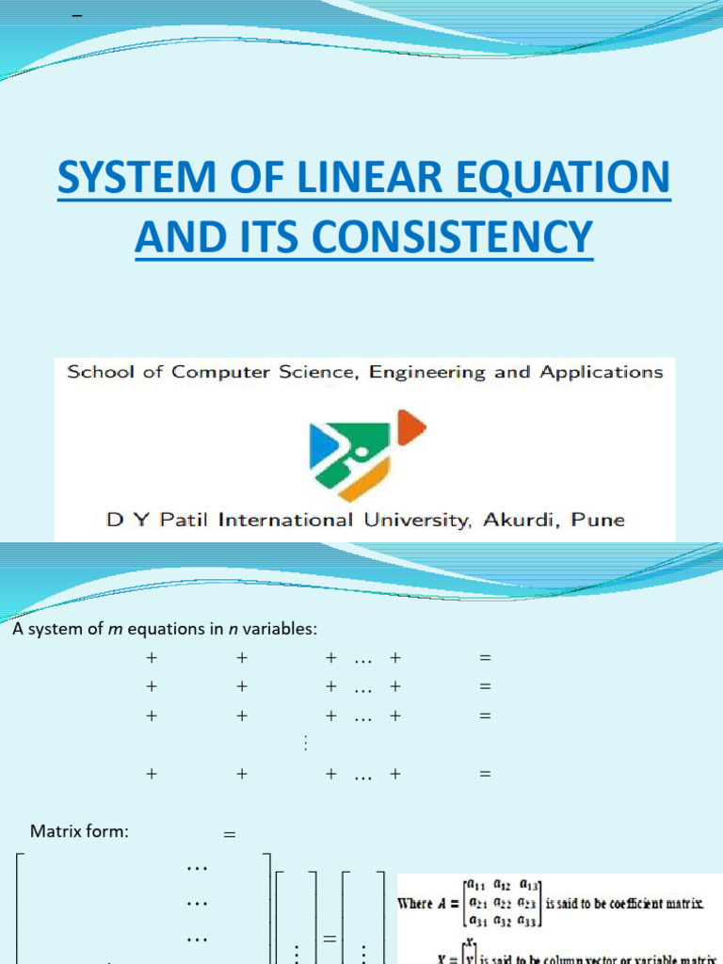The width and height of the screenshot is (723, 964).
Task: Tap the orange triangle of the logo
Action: (x=410, y=427)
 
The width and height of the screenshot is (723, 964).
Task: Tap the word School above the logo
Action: (x=98, y=372)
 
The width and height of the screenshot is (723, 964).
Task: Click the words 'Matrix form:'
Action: (x=79, y=831)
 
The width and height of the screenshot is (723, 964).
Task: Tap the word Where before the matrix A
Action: (x=415, y=903)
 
